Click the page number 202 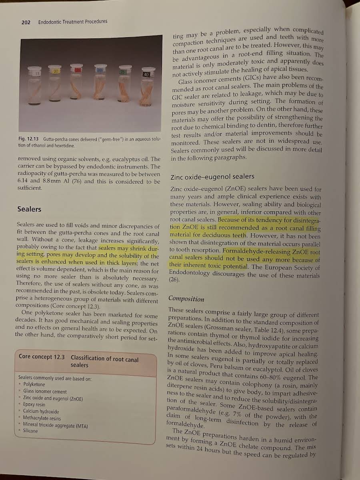(x=26, y=22)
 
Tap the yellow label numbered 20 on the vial (x=56, y=71)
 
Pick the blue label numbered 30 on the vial (x=99, y=70)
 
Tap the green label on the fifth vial (x=123, y=72)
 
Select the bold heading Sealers (x=29, y=209)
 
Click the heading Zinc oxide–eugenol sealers (x=212, y=176)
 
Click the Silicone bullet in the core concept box (x=30, y=431)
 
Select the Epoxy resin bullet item (x=34, y=404)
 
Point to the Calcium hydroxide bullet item (x=41, y=411)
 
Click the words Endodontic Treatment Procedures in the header (x=72, y=22)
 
